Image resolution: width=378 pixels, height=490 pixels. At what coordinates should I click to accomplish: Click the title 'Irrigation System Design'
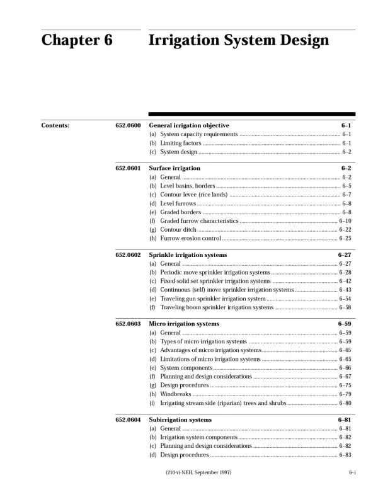238,41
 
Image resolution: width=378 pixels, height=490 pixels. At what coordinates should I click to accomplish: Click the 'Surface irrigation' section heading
175,169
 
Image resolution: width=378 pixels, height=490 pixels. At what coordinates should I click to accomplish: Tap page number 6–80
345,402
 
